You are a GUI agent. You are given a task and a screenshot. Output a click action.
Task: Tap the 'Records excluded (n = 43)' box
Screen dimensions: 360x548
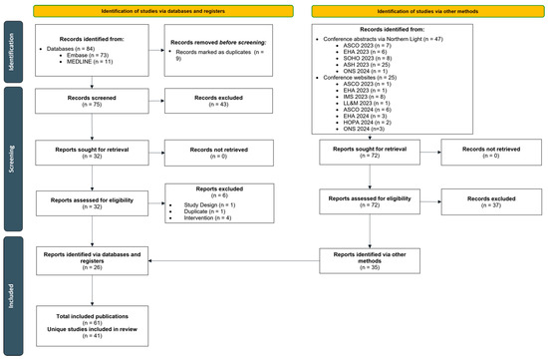pos(210,103)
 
